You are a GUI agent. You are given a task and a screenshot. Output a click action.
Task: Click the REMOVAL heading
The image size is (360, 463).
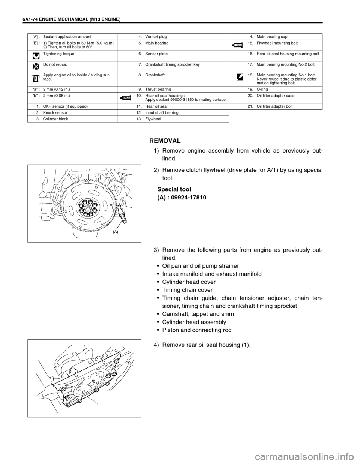(165, 141)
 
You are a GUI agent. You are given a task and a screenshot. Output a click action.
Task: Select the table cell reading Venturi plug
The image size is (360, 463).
(155, 37)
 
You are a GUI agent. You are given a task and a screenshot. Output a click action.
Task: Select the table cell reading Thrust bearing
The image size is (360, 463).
(157, 90)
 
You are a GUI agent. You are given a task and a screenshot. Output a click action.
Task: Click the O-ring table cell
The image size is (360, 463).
(262, 90)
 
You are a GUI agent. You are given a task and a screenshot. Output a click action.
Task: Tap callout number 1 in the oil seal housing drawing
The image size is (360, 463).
(96, 405)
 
